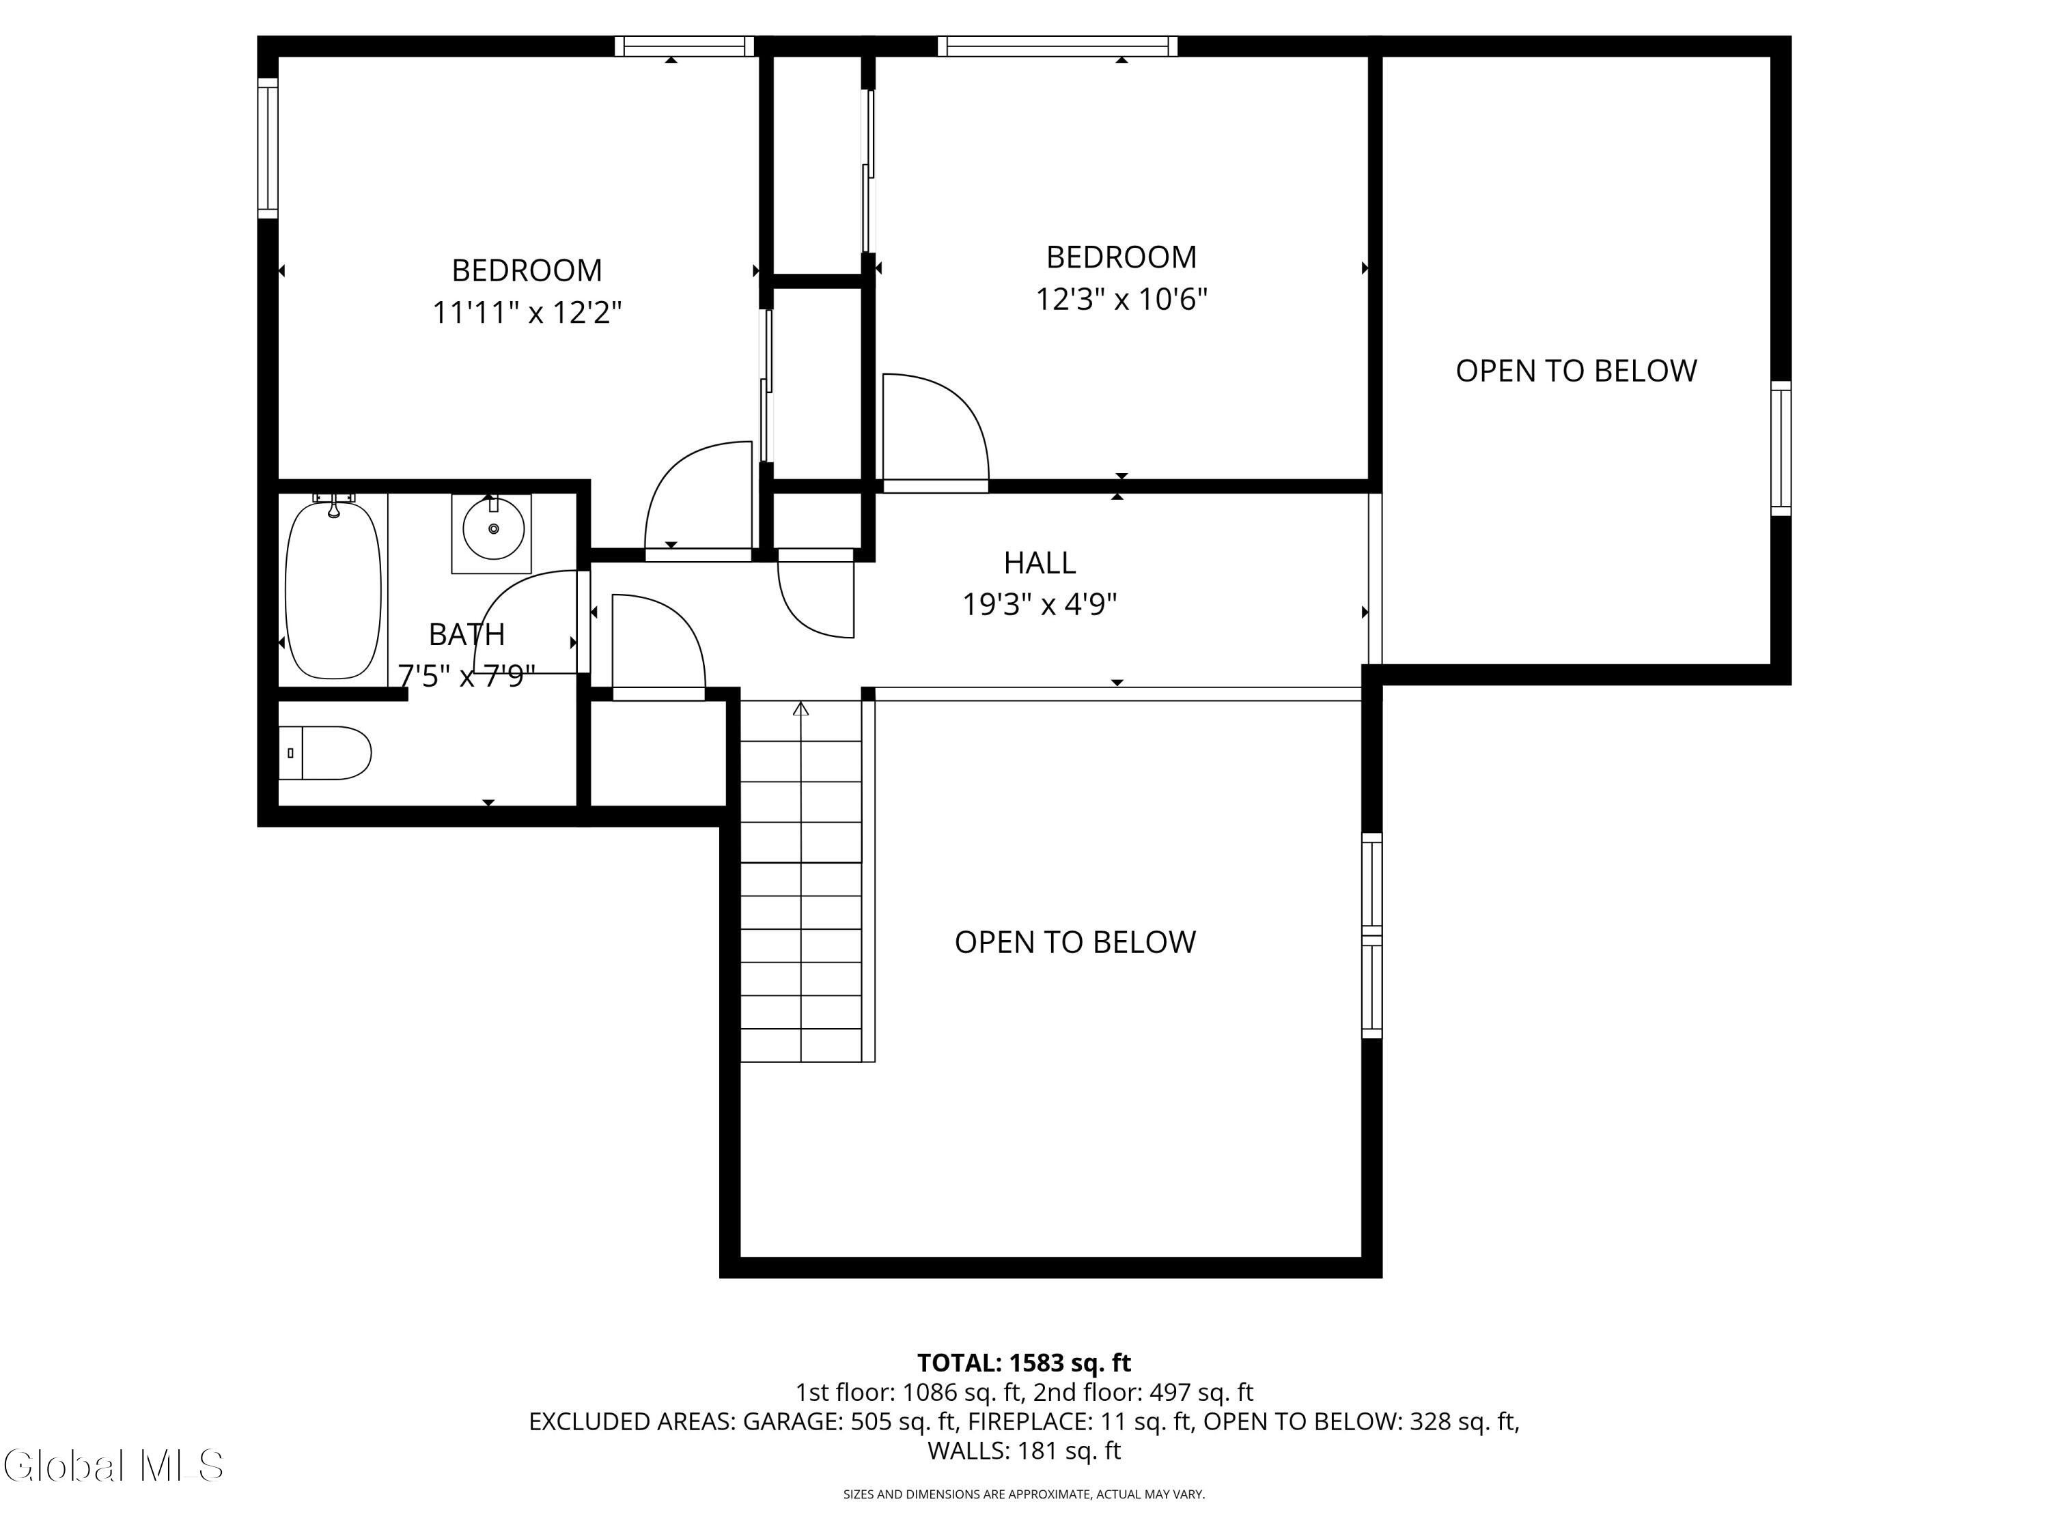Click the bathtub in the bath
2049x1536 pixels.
[x=333, y=590]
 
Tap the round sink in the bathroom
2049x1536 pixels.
[x=493, y=528]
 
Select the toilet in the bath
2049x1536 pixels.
[x=325, y=753]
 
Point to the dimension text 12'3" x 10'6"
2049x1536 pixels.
[x=1121, y=299]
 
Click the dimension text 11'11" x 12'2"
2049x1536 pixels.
[x=527, y=312]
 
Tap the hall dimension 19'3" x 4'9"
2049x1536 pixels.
[x=1040, y=605]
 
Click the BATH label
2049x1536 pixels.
[x=467, y=634]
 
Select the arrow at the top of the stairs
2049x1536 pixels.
[x=801, y=709]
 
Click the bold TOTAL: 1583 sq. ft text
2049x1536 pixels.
[x=1024, y=1363]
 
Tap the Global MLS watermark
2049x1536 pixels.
[x=113, y=1466]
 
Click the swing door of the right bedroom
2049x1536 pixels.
[x=936, y=431]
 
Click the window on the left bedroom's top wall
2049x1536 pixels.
[x=684, y=46]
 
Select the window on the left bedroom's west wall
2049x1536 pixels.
[x=268, y=148]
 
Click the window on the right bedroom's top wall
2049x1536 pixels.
[x=1057, y=46]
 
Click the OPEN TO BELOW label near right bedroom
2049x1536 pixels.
[x=1576, y=370]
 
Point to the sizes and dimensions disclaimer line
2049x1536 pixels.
[x=1024, y=1494]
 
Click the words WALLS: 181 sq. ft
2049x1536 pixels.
[x=1024, y=1450]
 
